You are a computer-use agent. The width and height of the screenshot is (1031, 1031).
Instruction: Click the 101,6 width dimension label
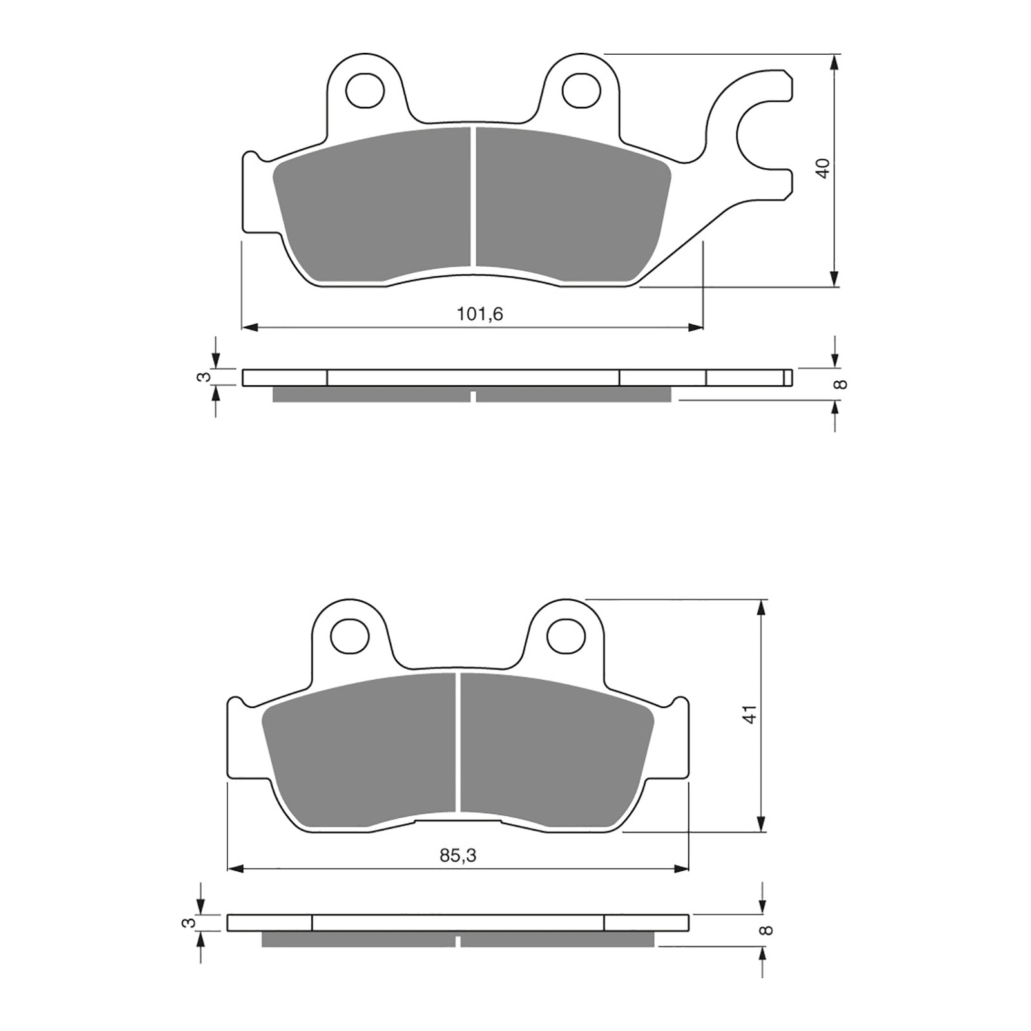click(479, 314)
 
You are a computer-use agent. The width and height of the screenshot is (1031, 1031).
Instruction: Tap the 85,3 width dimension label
click(458, 856)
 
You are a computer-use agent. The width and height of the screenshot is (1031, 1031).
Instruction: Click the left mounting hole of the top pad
click(365, 90)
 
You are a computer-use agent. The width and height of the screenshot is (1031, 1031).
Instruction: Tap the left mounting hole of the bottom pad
click(349, 635)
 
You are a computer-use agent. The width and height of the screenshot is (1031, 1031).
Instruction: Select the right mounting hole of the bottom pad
click(566, 635)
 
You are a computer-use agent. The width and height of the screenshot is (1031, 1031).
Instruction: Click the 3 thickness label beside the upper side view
click(204, 377)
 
